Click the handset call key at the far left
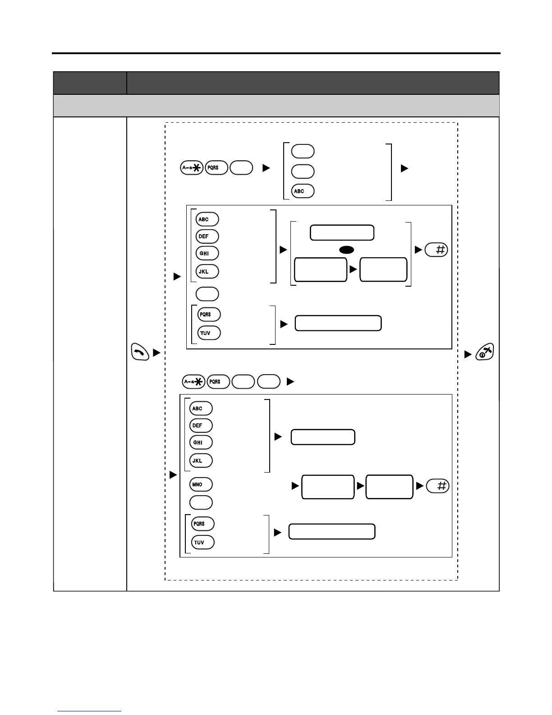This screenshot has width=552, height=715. tap(140, 352)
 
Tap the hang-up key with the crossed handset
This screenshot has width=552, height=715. tap(484, 352)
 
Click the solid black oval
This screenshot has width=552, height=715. tap(346, 250)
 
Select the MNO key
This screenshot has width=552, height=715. tap(201, 484)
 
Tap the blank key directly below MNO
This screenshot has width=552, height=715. tap(201, 502)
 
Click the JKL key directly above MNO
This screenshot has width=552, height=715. tap(201, 460)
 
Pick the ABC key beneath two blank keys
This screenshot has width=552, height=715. tap(303, 191)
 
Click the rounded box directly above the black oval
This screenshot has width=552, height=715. tap(342, 232)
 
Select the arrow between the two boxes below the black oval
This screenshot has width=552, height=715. tap(353, 269)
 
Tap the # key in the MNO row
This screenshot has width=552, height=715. tap(437, 486)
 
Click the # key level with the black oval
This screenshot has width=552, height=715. tap(436, 250)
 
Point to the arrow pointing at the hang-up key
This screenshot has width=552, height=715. tap(468, 355)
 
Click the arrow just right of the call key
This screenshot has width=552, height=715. tap(156, 353)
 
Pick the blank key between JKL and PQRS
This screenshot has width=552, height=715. tap(207, 294)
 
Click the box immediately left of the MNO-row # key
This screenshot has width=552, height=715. tap(389, 487)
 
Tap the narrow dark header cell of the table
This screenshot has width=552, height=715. tap(90, 83)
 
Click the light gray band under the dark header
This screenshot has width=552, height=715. tap(276, 106)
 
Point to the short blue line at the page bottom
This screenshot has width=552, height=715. tap(89, 711)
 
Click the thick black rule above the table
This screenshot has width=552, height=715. tap(276, 53)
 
